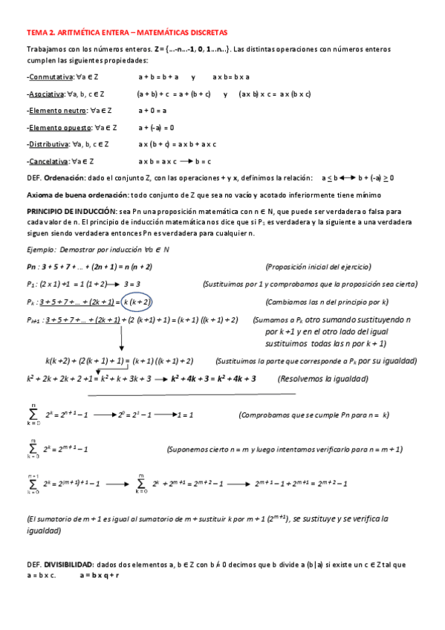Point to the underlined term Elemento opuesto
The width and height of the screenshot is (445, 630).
coord(57,128)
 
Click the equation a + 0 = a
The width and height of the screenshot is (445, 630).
coord(152,111)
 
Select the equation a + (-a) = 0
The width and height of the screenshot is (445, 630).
coord(156,128)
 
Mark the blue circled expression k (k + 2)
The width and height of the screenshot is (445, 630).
coord(157,302)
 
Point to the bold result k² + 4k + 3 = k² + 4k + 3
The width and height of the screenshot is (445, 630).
coord(213,378)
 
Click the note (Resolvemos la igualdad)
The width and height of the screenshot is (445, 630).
coord(323,378)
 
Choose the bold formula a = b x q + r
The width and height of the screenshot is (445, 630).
coord(100,575)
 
